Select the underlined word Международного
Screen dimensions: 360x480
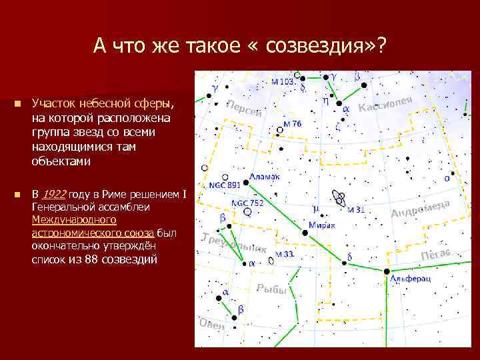(74, 220)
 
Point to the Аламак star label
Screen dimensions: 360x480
(265, 177)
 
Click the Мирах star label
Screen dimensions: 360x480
(322, 226)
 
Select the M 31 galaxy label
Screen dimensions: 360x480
(357, 209)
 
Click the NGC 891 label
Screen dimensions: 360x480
(225, 185)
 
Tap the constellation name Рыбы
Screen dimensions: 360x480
(272, 289)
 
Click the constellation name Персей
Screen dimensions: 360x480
(244, 109)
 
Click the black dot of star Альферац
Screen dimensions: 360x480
(387, 271)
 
